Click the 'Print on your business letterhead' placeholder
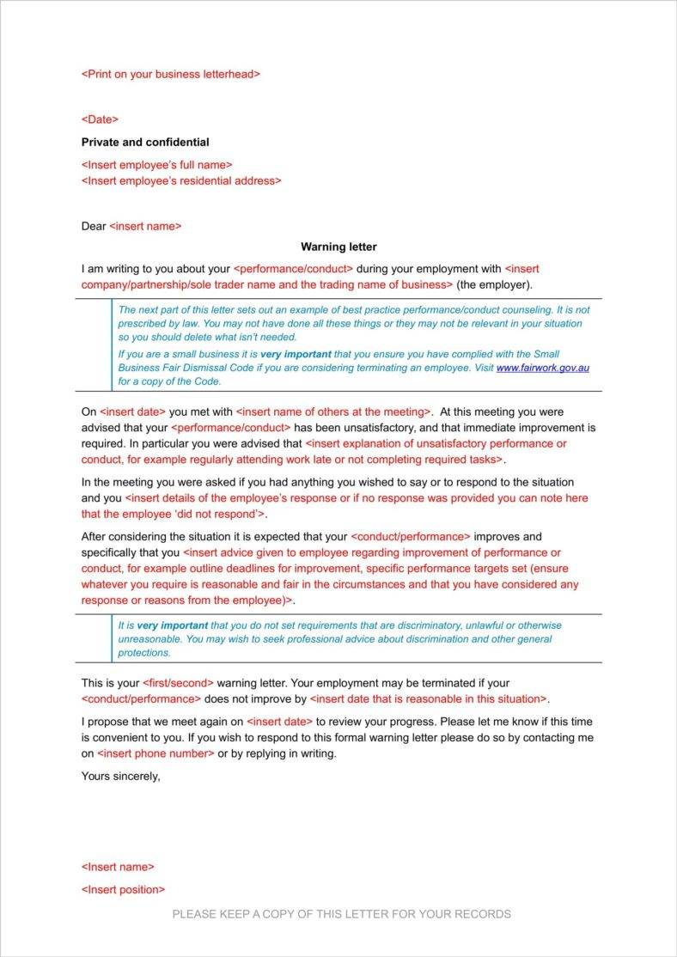170,74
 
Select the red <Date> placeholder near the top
100,119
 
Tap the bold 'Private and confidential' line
145,142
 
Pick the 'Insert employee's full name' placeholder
156,164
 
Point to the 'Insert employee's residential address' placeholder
180,180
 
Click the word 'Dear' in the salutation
93,226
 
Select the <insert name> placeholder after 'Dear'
145,226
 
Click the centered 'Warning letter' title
338,247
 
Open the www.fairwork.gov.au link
543,368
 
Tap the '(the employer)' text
494,284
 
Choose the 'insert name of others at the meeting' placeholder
333,411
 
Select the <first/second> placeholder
178,683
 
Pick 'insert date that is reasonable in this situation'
428,698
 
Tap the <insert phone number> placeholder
156,753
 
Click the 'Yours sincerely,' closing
120,776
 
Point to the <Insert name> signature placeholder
118,867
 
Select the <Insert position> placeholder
123,889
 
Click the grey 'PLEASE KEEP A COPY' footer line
341,914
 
